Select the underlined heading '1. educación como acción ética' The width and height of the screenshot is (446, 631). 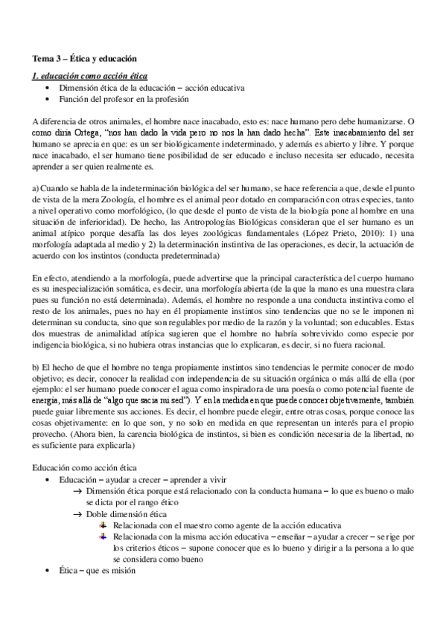click(x=89, y=75)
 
